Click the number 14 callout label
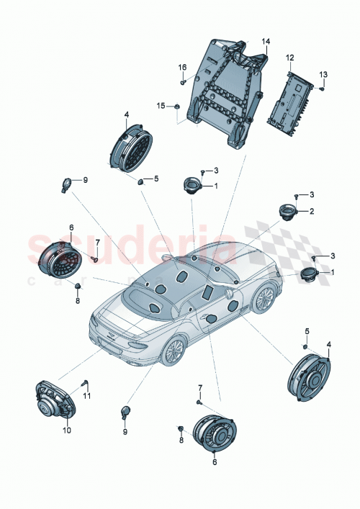point(265,42)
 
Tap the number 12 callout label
point(290,57)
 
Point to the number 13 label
point(323,74)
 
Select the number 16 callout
point(183,67)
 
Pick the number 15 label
point(162,106)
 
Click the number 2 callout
point(312,211)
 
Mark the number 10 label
point(66,431)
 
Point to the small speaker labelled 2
point(289,213)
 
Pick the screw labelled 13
point(321,88)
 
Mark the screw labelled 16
point(184,82)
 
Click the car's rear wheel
point(173,350)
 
